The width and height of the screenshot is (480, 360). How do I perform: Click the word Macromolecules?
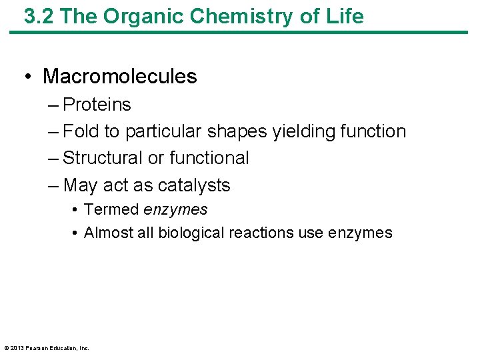pos(120,77)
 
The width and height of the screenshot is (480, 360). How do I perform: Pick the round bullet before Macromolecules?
pos(27,77)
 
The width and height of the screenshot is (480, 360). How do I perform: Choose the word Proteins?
pos(97,105)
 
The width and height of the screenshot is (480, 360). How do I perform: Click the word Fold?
pos(80,131)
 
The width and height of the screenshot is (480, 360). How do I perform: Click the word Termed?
pos(111,210)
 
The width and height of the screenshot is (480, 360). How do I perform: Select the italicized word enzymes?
pos(175,210)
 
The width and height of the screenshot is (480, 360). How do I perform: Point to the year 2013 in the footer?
pos(17,347)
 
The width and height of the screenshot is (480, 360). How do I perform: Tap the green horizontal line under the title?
pos(240,31)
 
